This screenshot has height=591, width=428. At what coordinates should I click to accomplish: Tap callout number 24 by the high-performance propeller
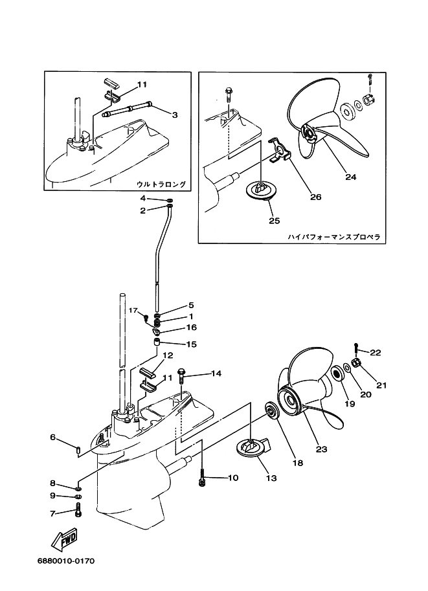350,176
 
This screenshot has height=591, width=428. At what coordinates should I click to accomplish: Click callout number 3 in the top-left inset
174,115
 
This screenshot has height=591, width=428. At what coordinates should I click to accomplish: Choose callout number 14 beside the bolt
216,374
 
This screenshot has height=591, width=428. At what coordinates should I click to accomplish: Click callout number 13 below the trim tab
271,478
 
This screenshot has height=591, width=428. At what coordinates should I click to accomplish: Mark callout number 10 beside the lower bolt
232,478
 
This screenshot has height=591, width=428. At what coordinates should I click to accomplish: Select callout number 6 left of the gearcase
53,437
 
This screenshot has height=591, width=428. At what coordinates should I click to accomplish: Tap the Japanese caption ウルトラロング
161,184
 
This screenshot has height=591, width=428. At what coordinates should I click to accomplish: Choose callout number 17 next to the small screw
133,311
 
